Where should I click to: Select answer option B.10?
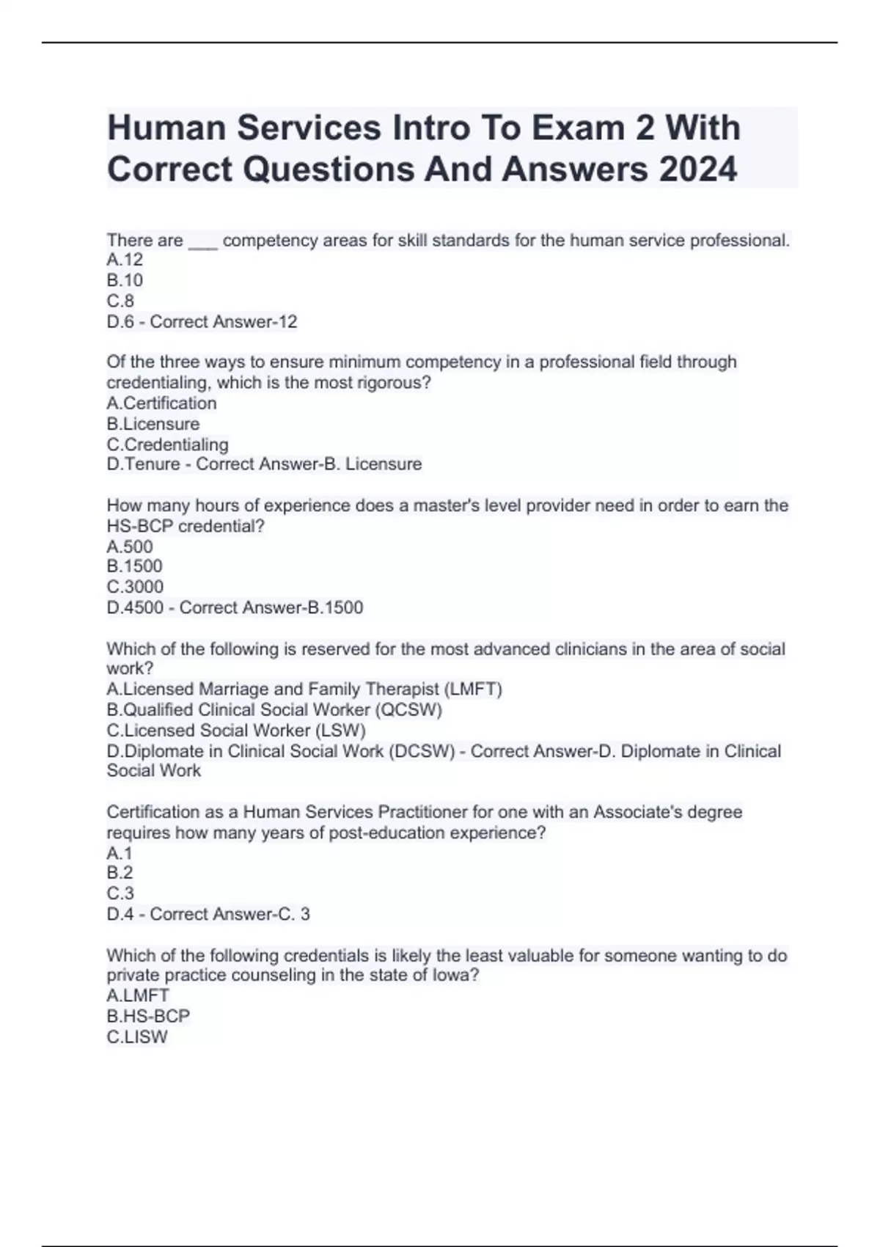(125, 280)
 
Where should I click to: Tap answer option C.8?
(120, 301)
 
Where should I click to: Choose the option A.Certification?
(161, 403)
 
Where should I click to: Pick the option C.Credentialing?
(167, 445)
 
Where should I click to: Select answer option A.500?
(130, 546)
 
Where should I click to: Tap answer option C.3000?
(135, 587)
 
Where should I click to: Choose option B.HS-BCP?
(148, 1016)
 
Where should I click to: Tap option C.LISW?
(137, 1036)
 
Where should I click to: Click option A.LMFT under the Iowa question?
(138, 995)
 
